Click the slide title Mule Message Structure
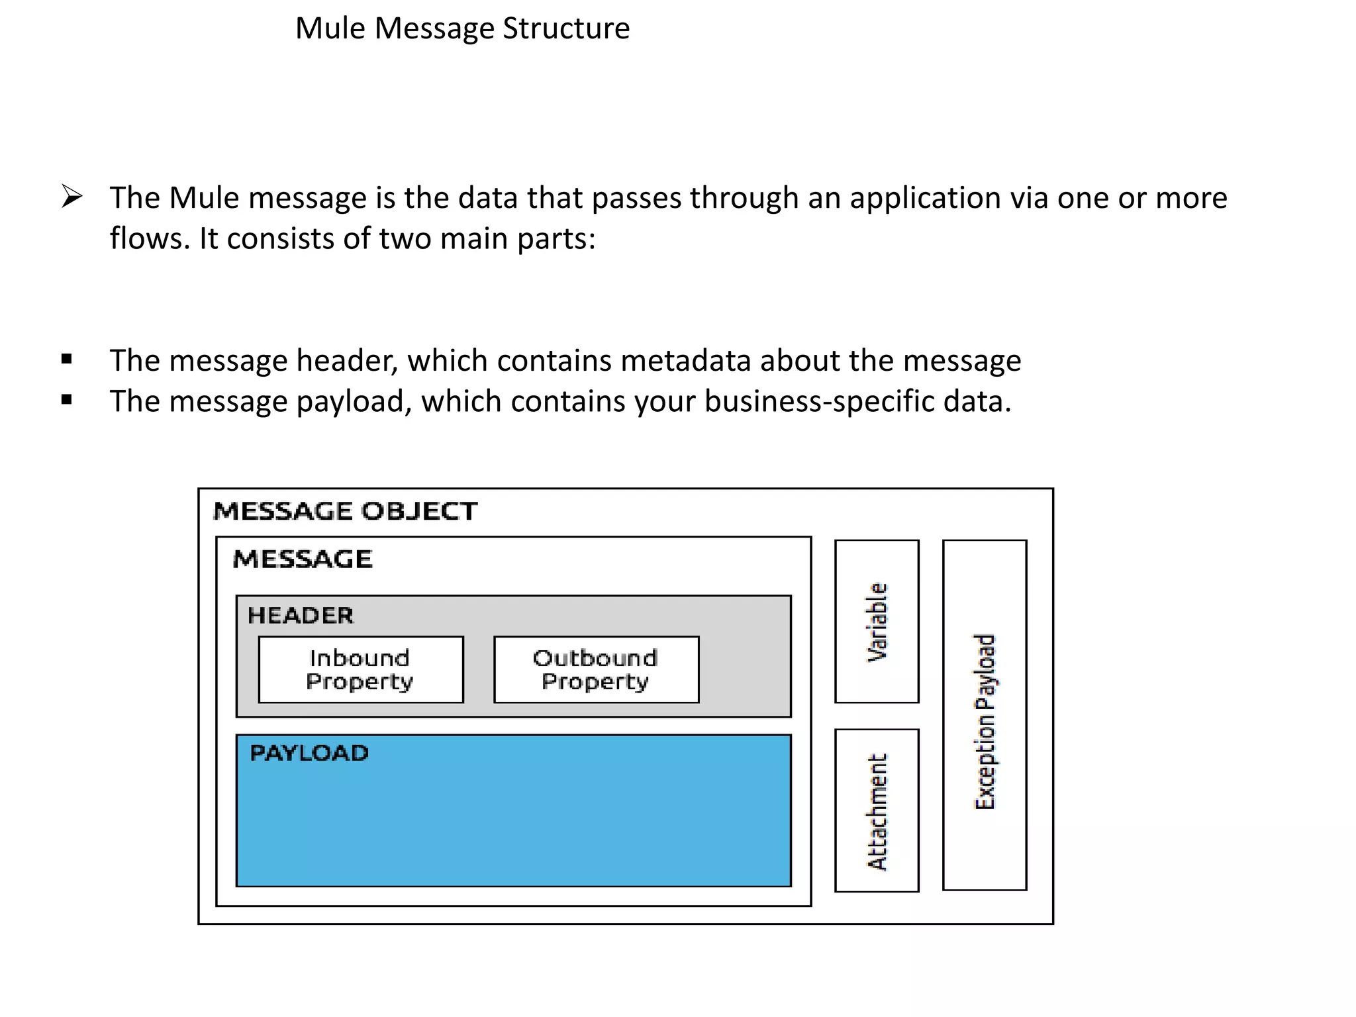tap(462, 28)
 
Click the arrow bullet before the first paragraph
tap(72, 197)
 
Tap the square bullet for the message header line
tap(66, 360)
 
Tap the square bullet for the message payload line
tap(66, 400)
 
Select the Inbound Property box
tap(361, 669)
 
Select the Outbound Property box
tap(596, 669)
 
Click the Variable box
tap(877, 621)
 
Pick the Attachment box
tap(877, 810)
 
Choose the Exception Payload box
tap(985, 715)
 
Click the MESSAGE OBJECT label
tap(345, 511)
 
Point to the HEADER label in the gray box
tap(301, 616)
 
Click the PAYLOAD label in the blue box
tap(309, 753)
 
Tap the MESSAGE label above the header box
tap(303, 559)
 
